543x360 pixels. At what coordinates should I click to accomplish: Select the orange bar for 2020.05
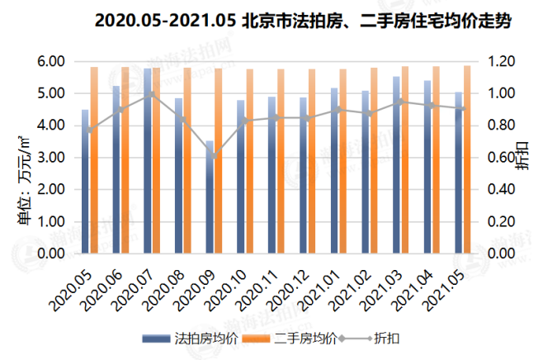coord(94,161)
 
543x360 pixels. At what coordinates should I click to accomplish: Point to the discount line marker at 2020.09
coord(214,157)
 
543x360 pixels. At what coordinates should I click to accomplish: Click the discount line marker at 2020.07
coord(151,94)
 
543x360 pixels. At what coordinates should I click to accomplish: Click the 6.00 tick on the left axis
coord(51,61)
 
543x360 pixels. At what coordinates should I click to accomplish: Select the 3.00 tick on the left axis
coord(51,158)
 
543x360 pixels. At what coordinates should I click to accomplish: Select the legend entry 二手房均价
coord(303,339)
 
